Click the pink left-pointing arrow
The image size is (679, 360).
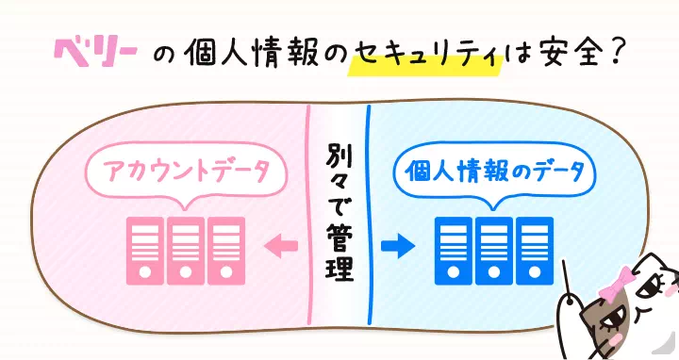(x=283, y=248)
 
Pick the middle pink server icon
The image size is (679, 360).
(x=185, y=249)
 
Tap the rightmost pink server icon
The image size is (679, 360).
(x=226, y=249)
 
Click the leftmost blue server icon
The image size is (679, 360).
(x=453, y=249)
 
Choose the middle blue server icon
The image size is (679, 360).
(x=494, y=249)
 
